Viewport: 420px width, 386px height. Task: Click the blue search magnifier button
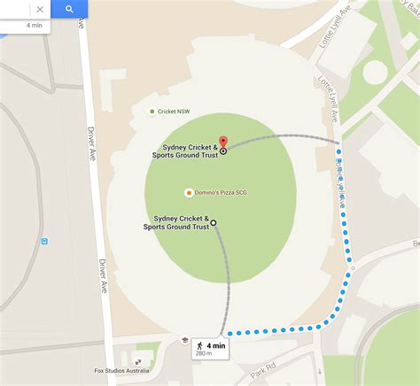[x=68, y=9]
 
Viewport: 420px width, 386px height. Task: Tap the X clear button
[x=40, y=10]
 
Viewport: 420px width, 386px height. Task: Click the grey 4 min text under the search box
[x=34, y=26]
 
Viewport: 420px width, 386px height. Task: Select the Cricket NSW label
[x=174, y=112]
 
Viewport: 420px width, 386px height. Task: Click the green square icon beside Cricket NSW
[x=152, y=112]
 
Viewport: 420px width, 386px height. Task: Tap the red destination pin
[x=223, y=142]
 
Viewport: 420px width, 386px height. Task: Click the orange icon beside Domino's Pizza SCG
[x=189, y=192]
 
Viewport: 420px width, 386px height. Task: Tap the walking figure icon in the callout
[x=200, y=345]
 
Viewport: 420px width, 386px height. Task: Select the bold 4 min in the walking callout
[x=217, y=345]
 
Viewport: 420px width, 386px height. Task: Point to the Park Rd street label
[x=264, y=369]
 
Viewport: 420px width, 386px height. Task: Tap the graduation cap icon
[x=185, y=340]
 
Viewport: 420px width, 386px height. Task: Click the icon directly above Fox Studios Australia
[x=136, y=361]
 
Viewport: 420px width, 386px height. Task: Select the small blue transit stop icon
[x=44, y=241]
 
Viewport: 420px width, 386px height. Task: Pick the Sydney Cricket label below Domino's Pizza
[x=177, y=222]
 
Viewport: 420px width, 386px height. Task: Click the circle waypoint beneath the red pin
[x=223, y=151]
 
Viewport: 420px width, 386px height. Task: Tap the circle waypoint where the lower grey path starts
[x=214, y=222]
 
